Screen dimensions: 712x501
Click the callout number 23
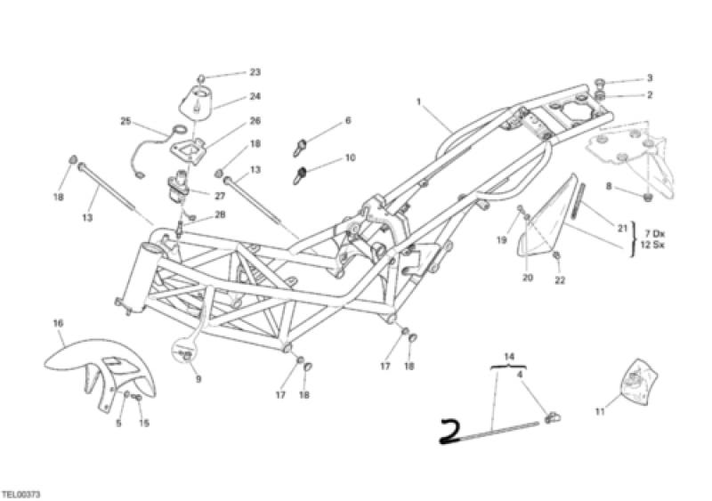(x=255, y=72)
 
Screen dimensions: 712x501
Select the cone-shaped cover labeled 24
(x=198, y=101)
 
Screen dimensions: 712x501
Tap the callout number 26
(x=255, y=121)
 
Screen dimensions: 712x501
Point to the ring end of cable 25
(x=180, y=130)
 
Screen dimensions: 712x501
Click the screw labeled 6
(x=300, y=147)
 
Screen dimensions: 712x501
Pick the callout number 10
(x=350, y=158)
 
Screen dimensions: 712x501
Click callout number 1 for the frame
(x=419, y=101)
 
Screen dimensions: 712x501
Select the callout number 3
(x=650, y=78)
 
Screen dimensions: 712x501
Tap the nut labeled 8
(x=648, y=198)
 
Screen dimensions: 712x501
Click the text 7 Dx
(x=654, y=234)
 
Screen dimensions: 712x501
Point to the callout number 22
(x=560, y=280)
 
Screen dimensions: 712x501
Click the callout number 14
(x=509, y=356)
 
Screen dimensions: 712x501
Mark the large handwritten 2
(x=450, y=432)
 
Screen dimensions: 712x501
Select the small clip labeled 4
(x=553, y=417)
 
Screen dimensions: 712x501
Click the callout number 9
(x=198, y=378)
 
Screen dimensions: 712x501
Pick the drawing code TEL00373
(x=20, y=494)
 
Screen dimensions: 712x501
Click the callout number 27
(x=220, y=197)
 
